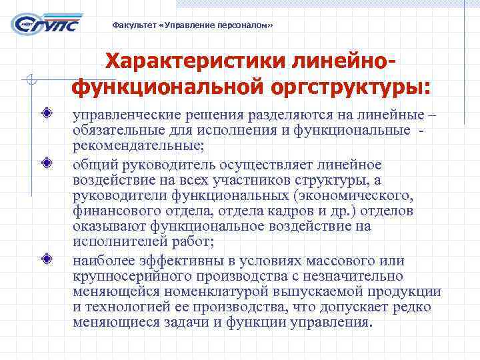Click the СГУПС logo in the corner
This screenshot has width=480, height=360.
click(47, 23)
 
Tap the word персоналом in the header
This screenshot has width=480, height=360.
click(246, 25)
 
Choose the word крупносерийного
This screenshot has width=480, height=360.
click(125, 276)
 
